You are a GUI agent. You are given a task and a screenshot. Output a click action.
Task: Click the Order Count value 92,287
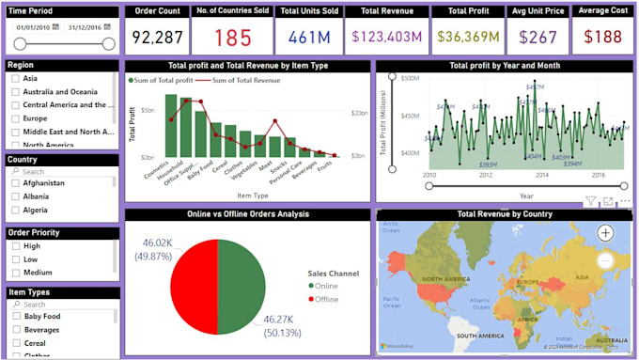click(x=157, y=38)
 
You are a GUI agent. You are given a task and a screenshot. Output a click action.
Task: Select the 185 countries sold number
click(x=232, y=38)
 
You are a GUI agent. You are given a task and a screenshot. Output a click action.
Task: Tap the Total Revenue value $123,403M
click(x=386, y=38)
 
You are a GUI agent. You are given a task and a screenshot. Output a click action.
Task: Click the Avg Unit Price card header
click(x=537, y=12)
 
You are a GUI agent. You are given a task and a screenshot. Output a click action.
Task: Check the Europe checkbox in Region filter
click(x=15, y=119)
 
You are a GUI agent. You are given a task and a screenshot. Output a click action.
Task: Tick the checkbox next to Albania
click(x=15, y=197)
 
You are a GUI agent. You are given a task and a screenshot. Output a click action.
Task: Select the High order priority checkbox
click(x=15, y=245)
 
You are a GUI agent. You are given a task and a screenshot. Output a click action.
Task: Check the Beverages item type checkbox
click(x=15, y=331)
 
